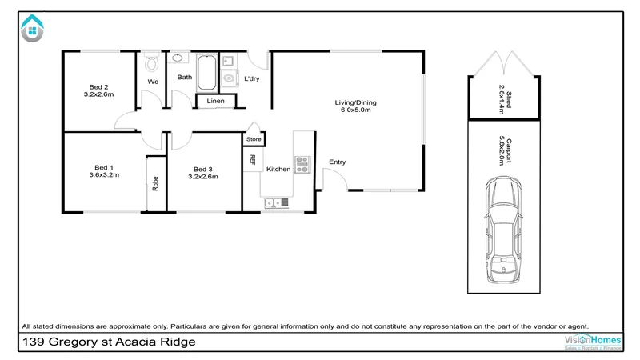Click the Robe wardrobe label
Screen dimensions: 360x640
coord(155,183)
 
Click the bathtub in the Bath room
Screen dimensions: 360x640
coord(206,73)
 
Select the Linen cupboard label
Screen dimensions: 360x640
coord(215,102)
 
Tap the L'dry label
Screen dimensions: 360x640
coord(252,78)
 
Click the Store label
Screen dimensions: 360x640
coord(254,139)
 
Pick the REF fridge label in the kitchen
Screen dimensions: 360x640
coord(253,159)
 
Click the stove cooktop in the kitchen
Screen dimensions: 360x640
coord(303,164)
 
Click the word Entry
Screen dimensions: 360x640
coord(338,162)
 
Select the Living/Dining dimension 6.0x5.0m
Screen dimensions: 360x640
coord(355,110)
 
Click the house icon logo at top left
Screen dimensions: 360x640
coord(32,28)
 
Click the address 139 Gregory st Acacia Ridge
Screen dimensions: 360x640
coord(109,342)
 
